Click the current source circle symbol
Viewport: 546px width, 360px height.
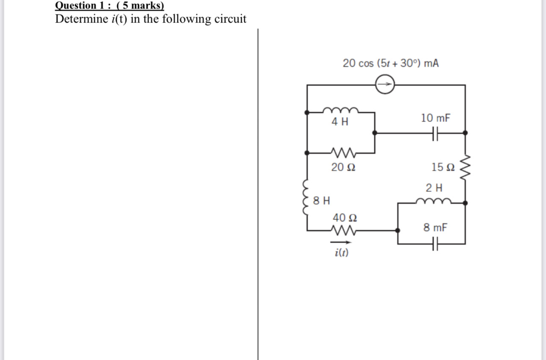click(x=385, y=85)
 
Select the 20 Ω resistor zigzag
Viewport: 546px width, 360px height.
click(x=341, y=152)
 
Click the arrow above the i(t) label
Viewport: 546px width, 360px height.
click(x=341, y=242)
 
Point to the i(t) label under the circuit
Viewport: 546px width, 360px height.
click(x=341, y=253)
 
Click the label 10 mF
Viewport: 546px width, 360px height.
click(x=436, y=118)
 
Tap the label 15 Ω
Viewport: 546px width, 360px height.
click(x=443, y=167)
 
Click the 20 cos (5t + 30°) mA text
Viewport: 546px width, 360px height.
click(x=391, y=64)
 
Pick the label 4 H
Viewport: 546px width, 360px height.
click(x=340, y=122)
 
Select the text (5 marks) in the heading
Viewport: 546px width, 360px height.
click(x=140, y=6)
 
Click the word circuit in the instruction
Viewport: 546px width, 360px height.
click(x=229, y=19)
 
